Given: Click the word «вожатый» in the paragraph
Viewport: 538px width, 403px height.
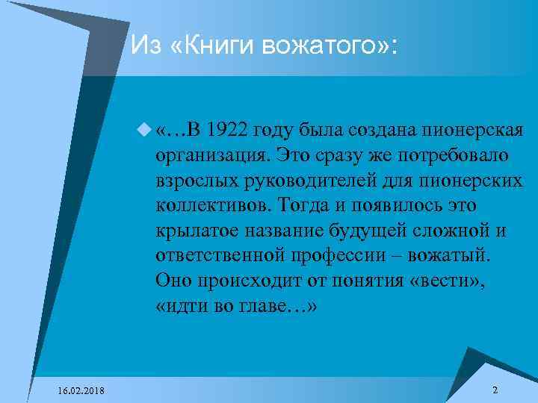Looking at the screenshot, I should click(453, 256).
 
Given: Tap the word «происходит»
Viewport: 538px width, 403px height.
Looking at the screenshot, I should click(247, 281).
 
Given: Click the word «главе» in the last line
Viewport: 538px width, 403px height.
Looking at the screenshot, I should click(283, 307).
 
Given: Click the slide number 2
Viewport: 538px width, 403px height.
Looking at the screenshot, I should click(495, 390).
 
